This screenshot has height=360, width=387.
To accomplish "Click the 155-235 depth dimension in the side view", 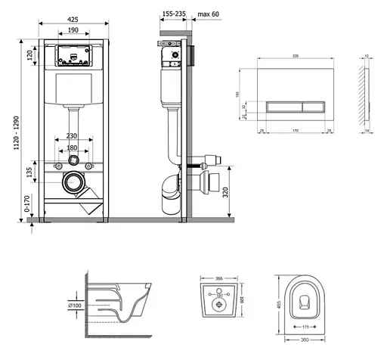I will (x=174, y=13).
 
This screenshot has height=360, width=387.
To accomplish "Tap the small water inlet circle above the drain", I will (x=73, y=161).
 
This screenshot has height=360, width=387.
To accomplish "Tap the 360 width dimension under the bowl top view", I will (x=304, y=339).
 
